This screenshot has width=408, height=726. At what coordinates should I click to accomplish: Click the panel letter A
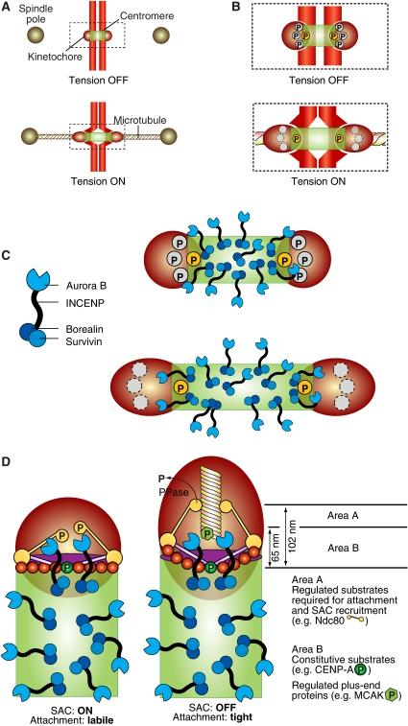click(8, 7)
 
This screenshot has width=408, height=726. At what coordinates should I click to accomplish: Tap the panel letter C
click(8, 255)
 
